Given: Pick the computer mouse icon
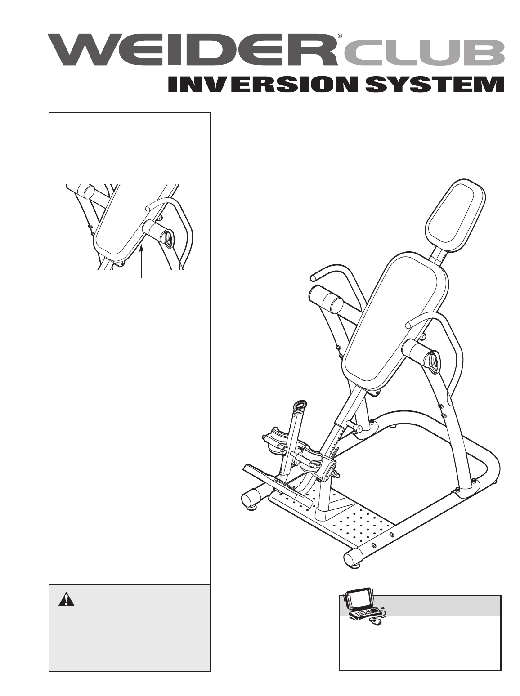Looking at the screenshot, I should click(x=375, y=622).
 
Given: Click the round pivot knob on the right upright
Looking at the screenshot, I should click(x=433, y=362).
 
